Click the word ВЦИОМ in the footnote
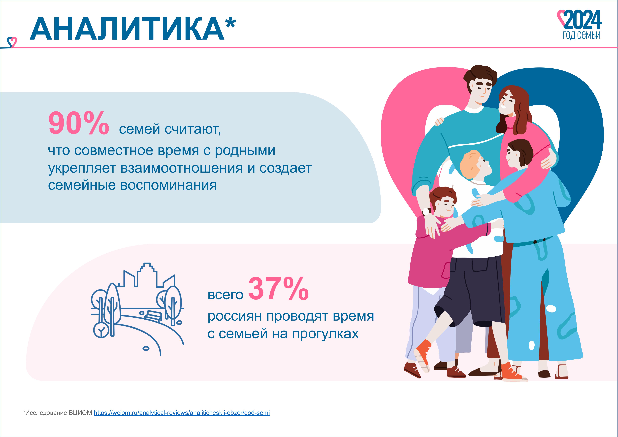[80, 413]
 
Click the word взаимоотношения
[182, 168]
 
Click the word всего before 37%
[225, 295]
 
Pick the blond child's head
[475, 165]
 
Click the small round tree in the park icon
[101, 330]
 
